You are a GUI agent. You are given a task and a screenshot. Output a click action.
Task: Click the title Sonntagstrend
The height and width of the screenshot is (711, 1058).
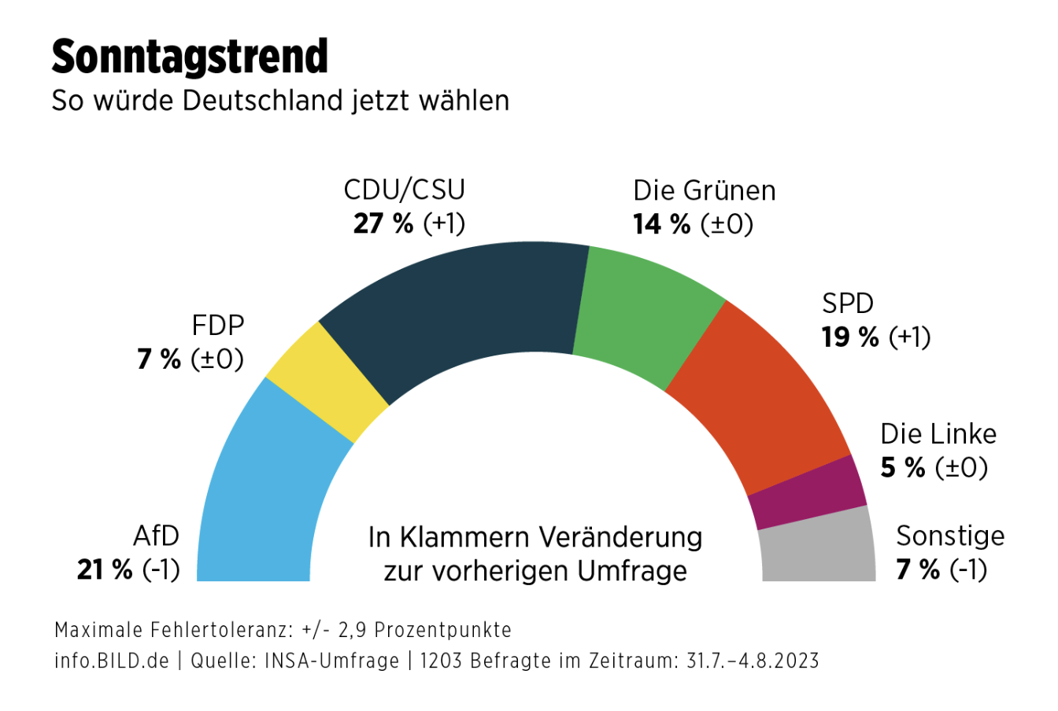coord(190,57)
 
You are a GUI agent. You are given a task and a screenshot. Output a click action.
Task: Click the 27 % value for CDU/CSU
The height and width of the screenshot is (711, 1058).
coord(383,224)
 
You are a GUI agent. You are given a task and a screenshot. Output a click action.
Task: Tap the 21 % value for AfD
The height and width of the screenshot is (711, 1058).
coord(105,569)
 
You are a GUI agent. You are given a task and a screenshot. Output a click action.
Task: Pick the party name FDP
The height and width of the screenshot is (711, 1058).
coord(218,325)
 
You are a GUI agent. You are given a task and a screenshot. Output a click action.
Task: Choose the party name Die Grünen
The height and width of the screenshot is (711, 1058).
coord(705,191)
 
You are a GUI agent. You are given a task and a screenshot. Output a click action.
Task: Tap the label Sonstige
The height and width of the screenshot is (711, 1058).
coord(950,536)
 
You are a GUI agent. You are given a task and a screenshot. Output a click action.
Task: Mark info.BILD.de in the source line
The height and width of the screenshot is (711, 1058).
coord(112,661)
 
